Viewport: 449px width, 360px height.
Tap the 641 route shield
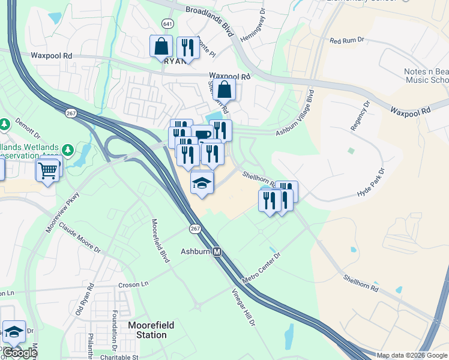pyautogui.click(x=167, y=23)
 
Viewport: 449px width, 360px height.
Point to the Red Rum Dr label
pyautogui.click(x=347, y=40)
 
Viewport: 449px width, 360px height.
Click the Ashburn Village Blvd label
pyautogui.click(x=295, y=115)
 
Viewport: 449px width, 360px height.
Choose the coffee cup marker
pyautogui.click(x=202, y=134)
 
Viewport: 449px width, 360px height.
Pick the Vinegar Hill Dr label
pyautogui.click(x=244, y=307)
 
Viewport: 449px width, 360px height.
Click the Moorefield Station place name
pyautogui.click(x=151, y=329)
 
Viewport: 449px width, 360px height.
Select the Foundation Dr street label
pyautogui.click(x=114, y=331)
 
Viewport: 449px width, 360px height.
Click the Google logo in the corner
pyautogui.click(x=19, y=353)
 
